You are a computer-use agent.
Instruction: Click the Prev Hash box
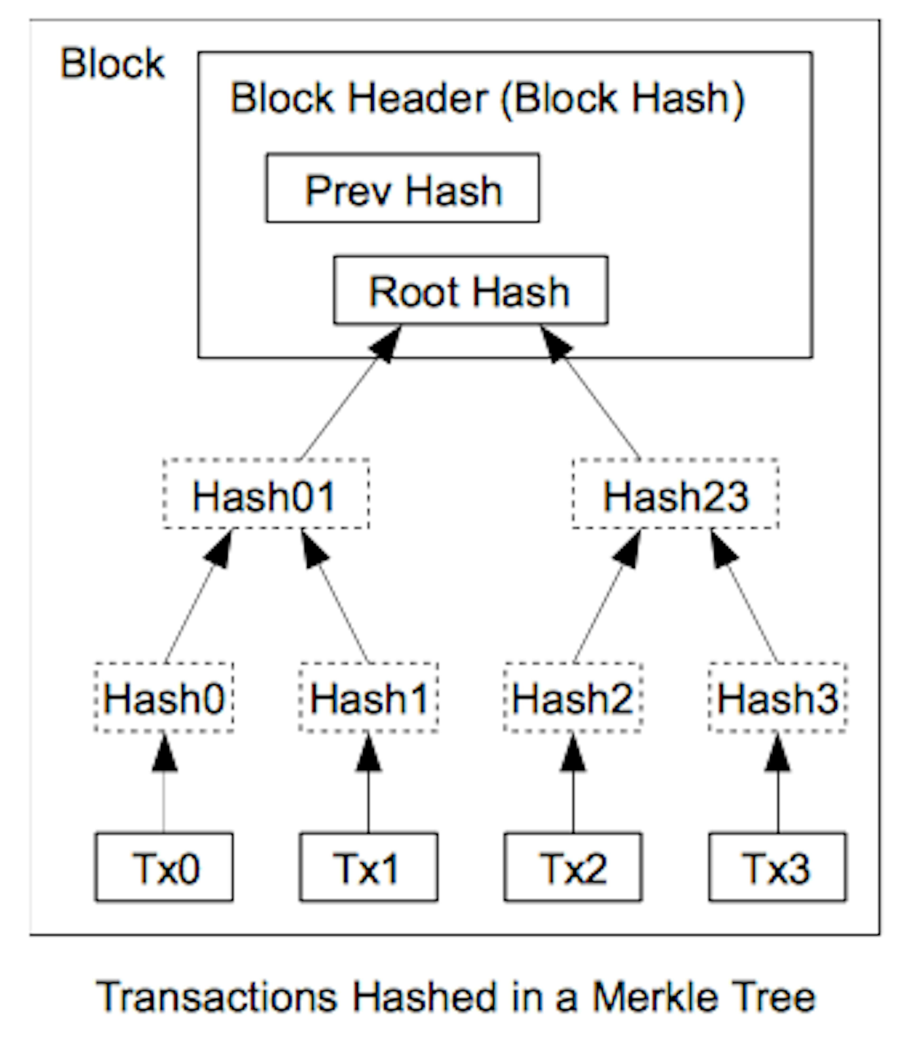[403, 188]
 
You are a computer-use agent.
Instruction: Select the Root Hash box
[470, 290]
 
